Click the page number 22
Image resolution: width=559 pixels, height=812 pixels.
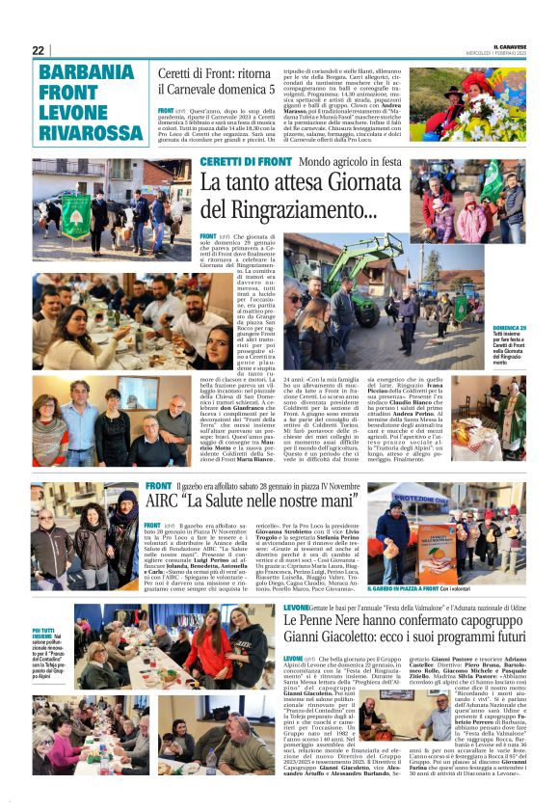[39, 50]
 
